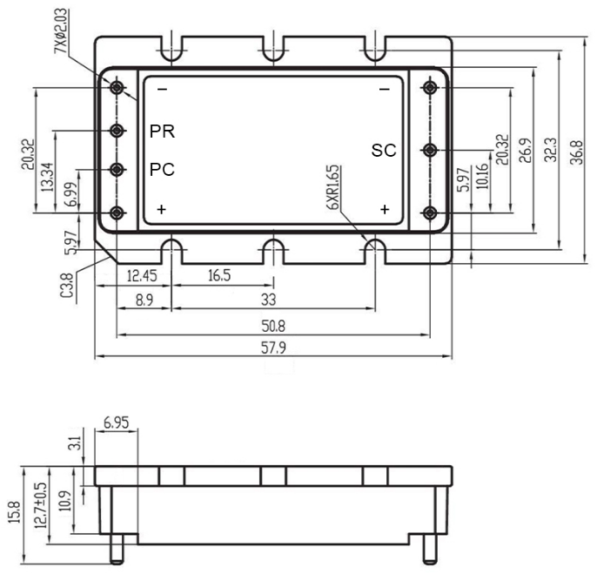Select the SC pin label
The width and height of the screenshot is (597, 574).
(x=384, y=151)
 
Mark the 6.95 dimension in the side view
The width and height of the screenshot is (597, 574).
(x=114, y=423)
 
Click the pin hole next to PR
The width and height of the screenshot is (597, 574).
(x=117, y=131)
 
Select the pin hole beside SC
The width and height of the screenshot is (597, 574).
(x=428, y=150)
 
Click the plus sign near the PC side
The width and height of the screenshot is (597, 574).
(x=162, y=210)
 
